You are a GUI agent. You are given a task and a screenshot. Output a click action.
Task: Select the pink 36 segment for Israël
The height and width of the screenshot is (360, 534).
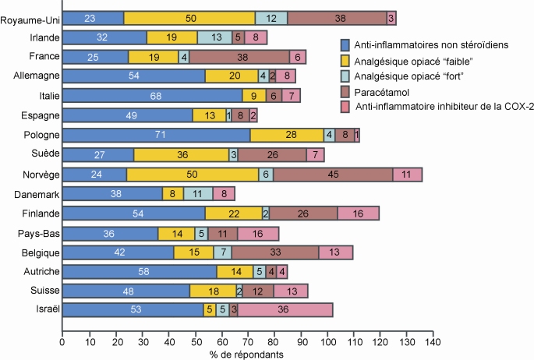click(285, 310)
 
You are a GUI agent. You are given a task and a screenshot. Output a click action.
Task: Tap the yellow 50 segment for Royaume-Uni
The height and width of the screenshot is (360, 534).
click(189, 18)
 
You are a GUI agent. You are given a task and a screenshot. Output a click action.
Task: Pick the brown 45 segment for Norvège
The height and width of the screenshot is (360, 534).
click(333, 174)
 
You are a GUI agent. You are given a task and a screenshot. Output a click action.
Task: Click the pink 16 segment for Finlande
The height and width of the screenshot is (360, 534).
click(358, 213)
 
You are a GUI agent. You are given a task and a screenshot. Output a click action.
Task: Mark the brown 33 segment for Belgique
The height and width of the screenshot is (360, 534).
click(275, 252)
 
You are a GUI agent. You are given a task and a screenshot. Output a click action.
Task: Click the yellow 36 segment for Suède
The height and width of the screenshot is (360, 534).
click(181, 154)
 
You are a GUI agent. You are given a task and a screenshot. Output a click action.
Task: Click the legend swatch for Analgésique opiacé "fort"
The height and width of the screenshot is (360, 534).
click(345, 76)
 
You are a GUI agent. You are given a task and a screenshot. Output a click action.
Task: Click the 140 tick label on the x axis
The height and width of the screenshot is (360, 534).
click(433, 341)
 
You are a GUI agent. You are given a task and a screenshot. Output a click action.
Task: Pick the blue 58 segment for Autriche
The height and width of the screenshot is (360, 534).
click(139, 271)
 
